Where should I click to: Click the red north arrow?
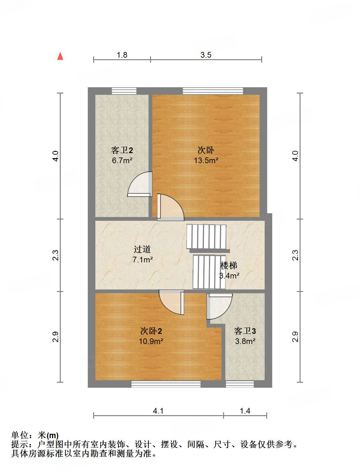(60, 56)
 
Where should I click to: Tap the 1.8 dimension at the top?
(122, 55)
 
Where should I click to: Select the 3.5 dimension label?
(206, 55)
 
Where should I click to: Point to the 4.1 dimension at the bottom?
(158, 411)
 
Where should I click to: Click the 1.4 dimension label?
(245, 411)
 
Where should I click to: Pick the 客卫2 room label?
(122, 150)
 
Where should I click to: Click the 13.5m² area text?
(206, 160)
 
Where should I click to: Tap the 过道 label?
(142, 249)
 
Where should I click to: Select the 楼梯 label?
(229, 266)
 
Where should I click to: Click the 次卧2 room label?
(151, 331)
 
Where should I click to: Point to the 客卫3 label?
(245, 331)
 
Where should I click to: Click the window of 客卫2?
(124, 91)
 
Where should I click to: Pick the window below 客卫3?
(240, 384)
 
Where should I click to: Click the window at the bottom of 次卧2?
(166, 384)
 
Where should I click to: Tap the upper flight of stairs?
(206, 237)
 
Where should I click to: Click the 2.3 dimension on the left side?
(55, 255)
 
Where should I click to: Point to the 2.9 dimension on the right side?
(295, 337)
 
